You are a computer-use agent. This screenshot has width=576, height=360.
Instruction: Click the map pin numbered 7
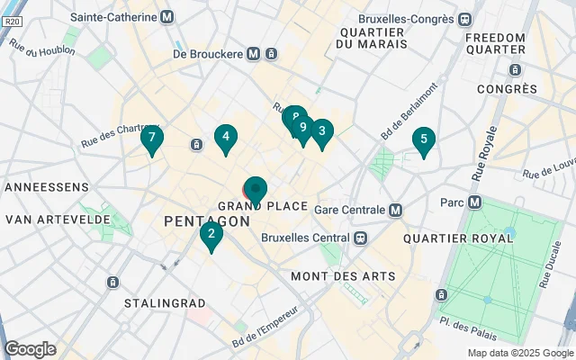[x=152, y=139]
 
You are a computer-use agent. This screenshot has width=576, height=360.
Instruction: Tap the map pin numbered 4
[x=226, y=139]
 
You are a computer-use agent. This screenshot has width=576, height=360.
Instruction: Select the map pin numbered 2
[x=211, y=236]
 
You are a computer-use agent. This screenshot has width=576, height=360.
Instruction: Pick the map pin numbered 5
[x=423, y=140]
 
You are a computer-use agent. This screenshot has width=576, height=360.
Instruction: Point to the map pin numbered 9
[x=303, y=129]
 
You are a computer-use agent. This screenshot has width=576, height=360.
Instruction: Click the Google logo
[x=30, y=349]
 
